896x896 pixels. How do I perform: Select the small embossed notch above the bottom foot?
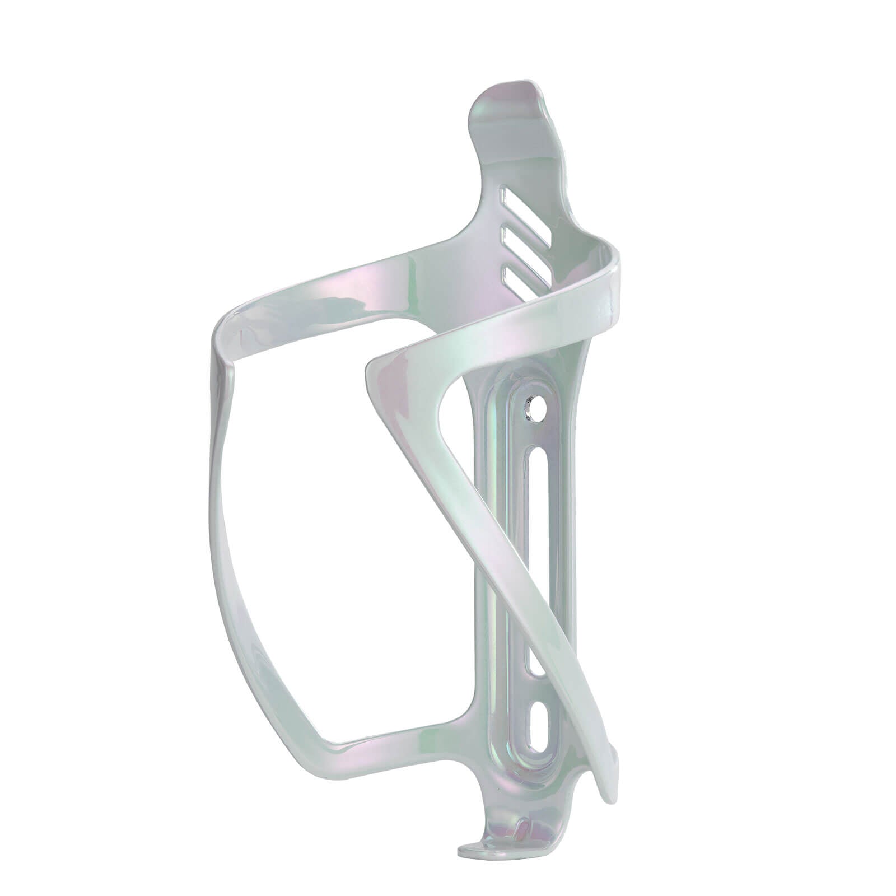(x=522, y=826)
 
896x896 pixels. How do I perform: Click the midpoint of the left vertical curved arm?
(x=221, y=532)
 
